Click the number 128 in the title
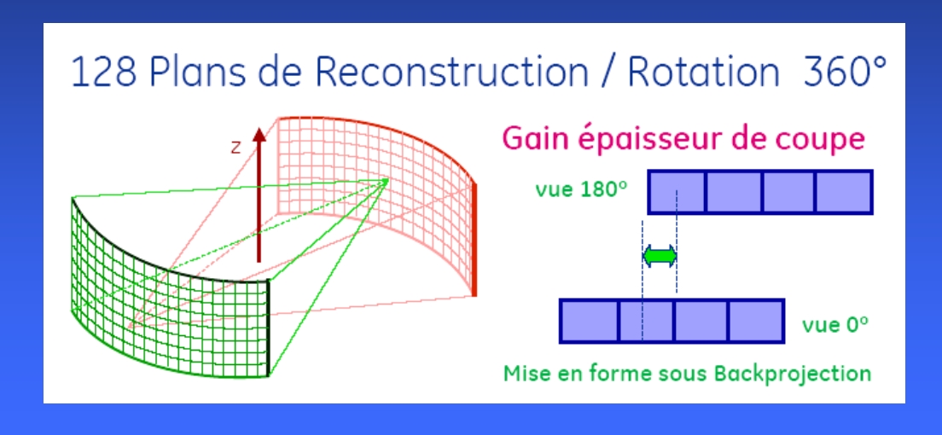click(x=105, y=72)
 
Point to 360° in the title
click(x=843, y=71)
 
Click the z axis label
click(x=235, y=148)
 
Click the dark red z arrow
click(x=259, y=194)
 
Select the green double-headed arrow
click(x=660, y=257)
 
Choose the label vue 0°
click(x=835, y=325)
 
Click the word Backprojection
click(x=793, y=374)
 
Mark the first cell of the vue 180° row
click(x=677, y=192)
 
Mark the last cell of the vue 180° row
click(x=844, y=192)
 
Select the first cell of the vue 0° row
click(x=589, y=322)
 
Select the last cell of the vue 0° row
click(x=756, y=322)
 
